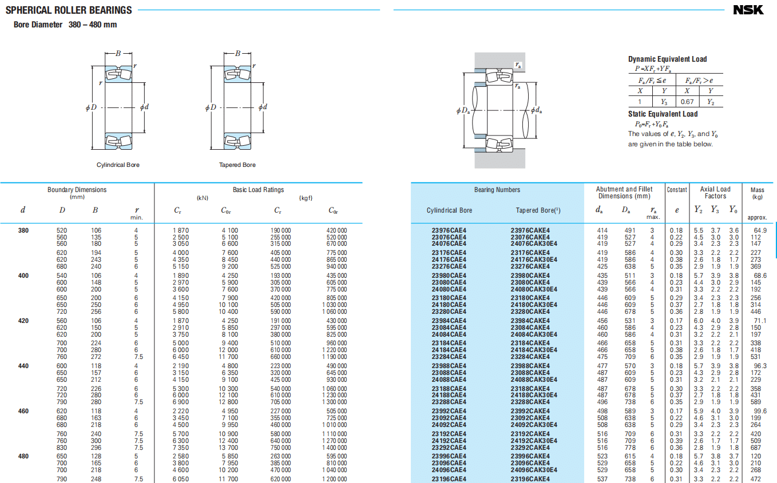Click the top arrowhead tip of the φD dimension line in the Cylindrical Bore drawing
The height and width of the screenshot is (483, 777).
(x=92, y=66)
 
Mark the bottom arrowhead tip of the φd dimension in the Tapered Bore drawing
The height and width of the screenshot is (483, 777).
(x=263, y=133)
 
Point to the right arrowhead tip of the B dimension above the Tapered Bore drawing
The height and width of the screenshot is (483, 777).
(x=251, y=53)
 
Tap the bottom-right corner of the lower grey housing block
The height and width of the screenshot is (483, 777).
(x=525, y=169)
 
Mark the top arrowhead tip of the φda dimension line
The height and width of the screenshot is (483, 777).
(x=536, y=82)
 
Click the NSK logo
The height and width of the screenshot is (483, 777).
(x=748, y=10)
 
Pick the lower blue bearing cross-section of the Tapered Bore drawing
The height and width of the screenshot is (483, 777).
(x=237, y=141)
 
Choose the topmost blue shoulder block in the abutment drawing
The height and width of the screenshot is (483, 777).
(x=480, y=71)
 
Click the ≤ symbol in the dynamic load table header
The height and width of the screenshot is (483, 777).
(x=654, y=81)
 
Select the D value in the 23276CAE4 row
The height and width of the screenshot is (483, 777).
(x=62, y=266)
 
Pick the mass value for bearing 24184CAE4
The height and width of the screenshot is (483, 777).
(x=755, y=350)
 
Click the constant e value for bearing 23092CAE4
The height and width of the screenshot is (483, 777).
(x=676, y=418)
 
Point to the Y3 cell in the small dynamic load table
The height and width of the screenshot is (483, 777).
(x=664, y=102)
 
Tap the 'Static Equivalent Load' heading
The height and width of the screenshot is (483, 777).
(x=663, y=114)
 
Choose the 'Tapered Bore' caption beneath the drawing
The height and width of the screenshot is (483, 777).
(x=237, y=165)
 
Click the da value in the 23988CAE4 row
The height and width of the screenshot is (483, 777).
(x=602, y=366)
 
